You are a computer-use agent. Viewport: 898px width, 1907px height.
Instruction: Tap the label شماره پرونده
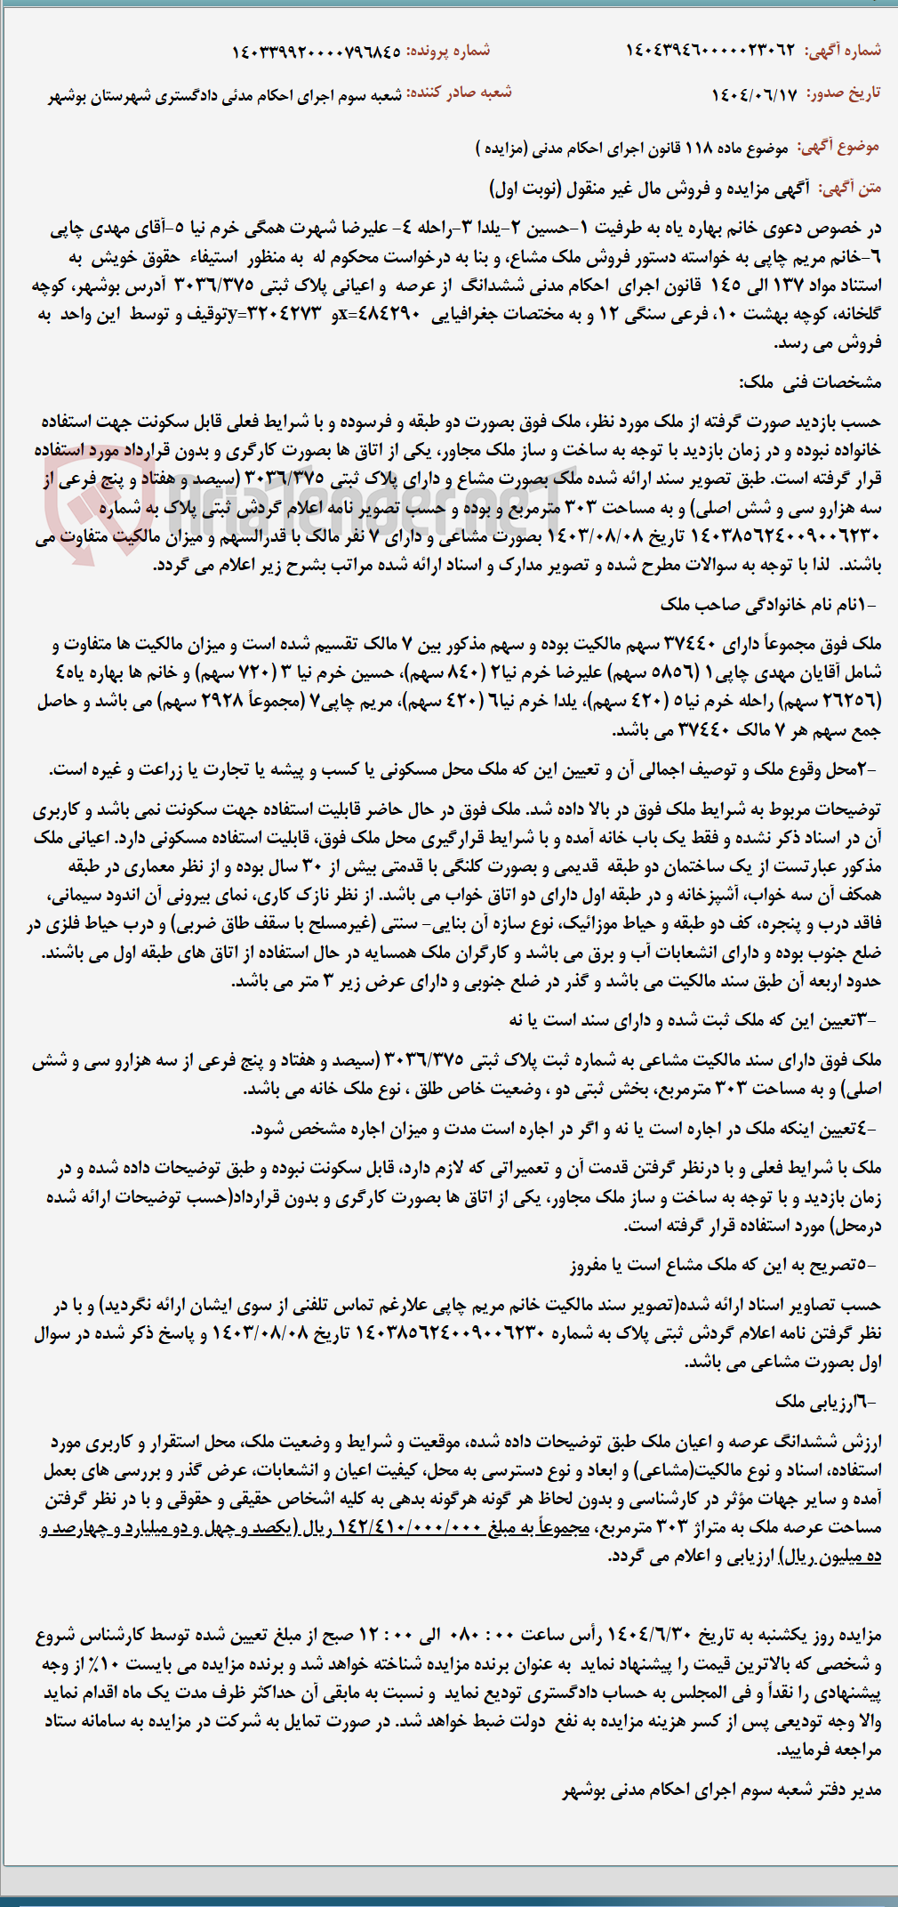[448, 51]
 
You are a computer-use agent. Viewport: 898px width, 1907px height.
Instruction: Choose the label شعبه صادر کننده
[459, 93]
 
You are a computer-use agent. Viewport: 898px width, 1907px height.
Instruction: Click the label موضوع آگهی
[838, 146]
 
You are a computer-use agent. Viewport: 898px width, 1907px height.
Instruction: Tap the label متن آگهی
[850, 188]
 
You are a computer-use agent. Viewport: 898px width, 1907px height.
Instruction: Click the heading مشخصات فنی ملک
[809, 382]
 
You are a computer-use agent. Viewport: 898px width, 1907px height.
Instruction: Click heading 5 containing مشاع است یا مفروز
[722, 1264]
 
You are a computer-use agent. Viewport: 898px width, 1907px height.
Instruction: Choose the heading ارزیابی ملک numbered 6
[825, 1402]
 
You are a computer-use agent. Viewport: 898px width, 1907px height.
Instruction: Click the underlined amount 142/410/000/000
[408, 1527]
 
